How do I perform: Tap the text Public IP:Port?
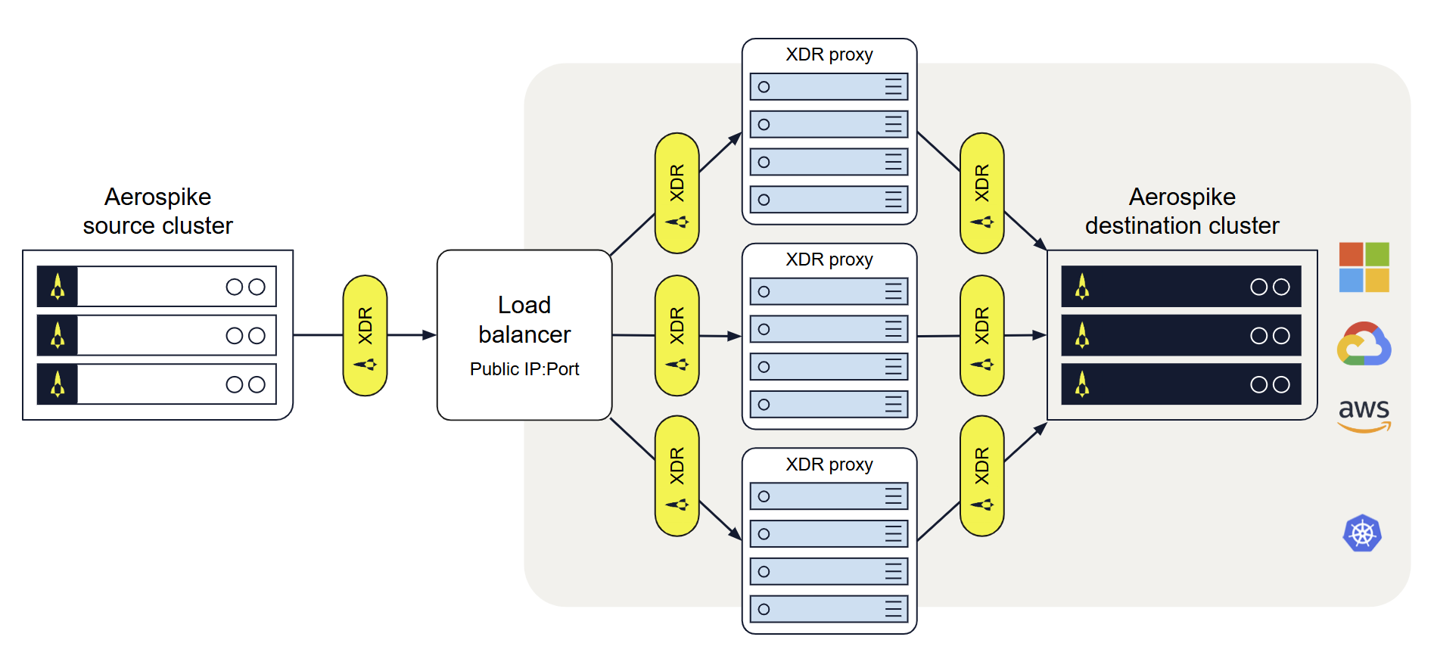(x=524, y=369)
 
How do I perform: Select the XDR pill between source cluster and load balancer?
(x=365, y=335)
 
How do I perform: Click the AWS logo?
(x=1364, y=415)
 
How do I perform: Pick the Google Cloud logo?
(x=1364, y=344)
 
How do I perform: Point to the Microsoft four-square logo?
(x=1364, y=267)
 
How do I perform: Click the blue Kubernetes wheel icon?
(x=1362, y=534)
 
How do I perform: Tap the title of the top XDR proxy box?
(x=829, y=54)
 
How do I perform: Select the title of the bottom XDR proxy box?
(x=829, y=464)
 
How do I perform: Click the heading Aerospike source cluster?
(x=157, y=211)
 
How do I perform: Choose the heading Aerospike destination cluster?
(x=1181, y=211)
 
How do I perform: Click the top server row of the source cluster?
(x=157, y=287)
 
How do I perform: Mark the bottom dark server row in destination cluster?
(x=1180, y=384)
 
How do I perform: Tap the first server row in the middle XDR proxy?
(x=829, y=291)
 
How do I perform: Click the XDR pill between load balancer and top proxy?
(x=677, y=193)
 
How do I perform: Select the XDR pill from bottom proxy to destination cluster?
(x=981, y=476)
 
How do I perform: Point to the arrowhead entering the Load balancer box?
(x=430, y=335)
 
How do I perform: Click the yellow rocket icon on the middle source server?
(x=58, y=335)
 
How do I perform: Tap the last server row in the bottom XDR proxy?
(x=829, y=609)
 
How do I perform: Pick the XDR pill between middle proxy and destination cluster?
(x=981, y=335)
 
